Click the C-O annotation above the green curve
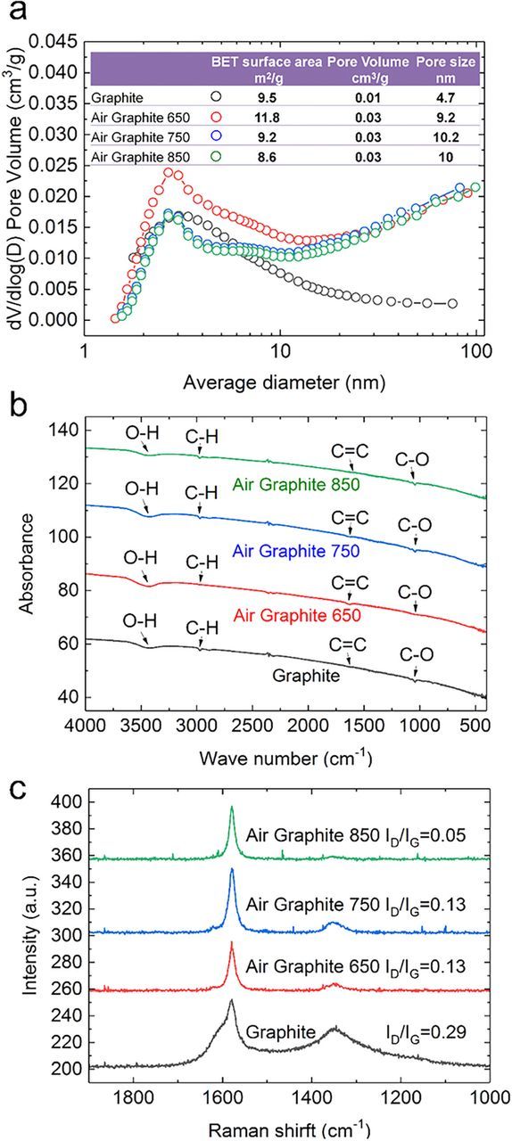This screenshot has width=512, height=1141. click(415, 459)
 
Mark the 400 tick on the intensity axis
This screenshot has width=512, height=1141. click(67, 802)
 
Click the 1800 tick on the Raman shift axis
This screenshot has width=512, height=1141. click(133, 1090)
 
